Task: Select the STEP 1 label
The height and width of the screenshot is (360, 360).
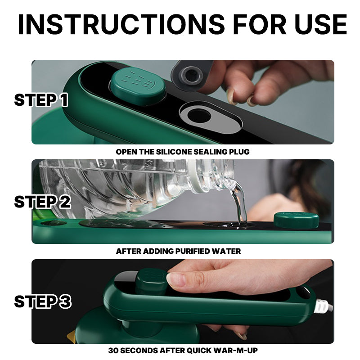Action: [x=41, y=100]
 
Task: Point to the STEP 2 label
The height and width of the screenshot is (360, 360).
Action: [x=42, y=202]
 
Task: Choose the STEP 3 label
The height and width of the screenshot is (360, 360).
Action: [x=43, y=301]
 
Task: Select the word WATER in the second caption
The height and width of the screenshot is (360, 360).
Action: [x=226, y=251]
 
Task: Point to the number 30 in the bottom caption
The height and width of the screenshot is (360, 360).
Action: [x=113, y=351]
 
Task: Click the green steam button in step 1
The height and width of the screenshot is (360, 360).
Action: [x=138, y=86]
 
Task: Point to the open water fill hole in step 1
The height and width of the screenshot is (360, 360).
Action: [x=199, y=116]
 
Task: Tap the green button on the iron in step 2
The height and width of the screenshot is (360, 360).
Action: [x=296, y=220]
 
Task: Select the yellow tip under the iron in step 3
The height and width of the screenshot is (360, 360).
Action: [x=71, y=336]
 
